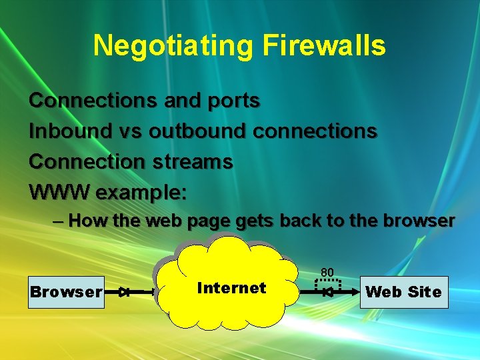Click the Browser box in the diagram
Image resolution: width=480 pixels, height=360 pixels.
(x=66, y=292)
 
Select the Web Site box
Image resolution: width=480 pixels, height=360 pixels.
(x=403, y=292)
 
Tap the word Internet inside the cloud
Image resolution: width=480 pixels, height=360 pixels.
(x=231, y=288)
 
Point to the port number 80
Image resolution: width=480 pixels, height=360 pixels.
(x=327, y=272)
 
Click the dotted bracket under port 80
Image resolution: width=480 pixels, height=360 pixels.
(x=327, y=285)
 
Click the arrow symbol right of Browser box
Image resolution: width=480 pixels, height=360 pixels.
(x=123, y=292)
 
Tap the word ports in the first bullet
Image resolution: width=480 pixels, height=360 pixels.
(x=233, y=101)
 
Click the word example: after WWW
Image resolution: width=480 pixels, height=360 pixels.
(x=141, y=193)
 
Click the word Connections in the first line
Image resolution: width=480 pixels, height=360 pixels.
(x=84, y=101)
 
